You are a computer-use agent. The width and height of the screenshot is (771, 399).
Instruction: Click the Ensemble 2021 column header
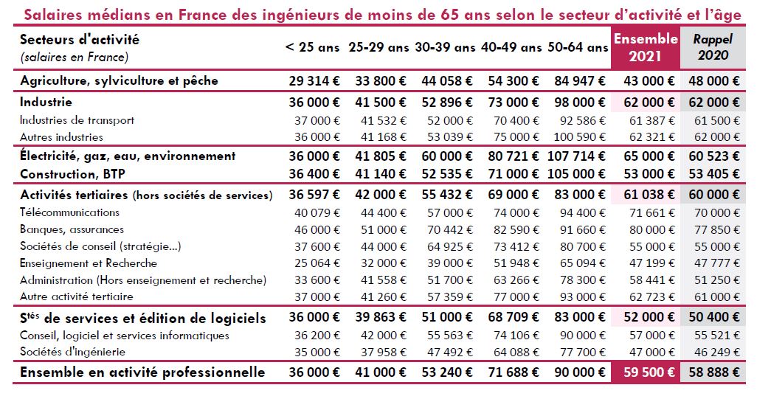click(x=646, y=47)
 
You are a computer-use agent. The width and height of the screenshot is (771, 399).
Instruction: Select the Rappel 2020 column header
click(x=711, y=47)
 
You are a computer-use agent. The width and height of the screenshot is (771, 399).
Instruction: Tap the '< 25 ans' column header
click(x=313, y=48)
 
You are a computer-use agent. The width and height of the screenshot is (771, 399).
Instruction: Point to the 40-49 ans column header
click(x=511, y=48)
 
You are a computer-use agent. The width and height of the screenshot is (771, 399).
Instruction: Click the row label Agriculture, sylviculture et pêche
click(x=119, y=80)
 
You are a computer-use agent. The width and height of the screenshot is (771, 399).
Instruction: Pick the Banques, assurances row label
click(x=72, y=229)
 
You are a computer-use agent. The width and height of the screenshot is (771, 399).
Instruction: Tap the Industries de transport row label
click(x=77, y=119)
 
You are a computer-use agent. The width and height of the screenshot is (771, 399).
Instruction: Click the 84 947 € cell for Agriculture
click(x=578, y=80)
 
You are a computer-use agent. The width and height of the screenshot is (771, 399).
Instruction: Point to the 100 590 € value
click(x=578, y=136)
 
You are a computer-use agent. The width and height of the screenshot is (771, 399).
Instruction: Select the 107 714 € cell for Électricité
click(x=578, y=156)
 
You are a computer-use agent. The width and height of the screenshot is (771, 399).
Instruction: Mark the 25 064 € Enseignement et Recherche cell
click(x=316, y=263)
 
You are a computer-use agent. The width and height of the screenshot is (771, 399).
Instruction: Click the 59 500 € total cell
click(x=646, y=372)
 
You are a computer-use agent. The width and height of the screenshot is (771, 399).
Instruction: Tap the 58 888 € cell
click(x=713, y=372)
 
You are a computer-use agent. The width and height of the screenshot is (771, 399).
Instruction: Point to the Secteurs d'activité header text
click(x=80, y=40)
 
